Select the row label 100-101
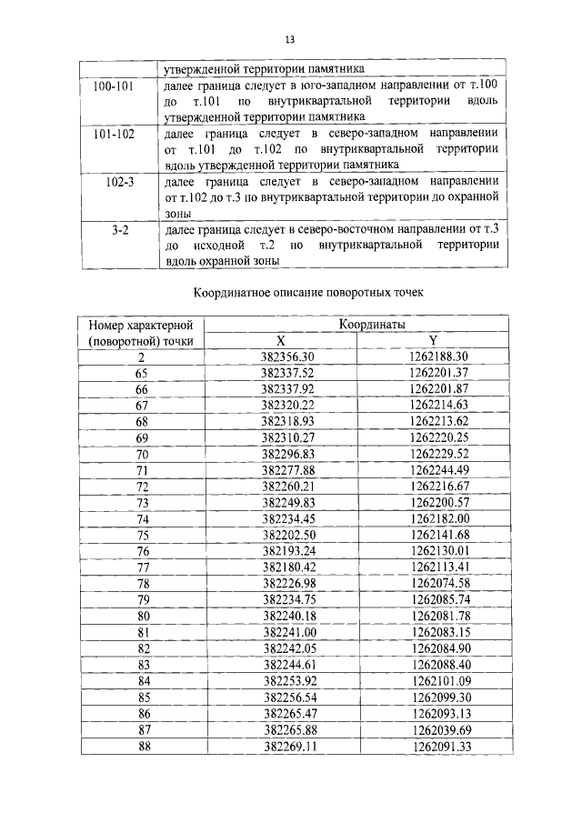pos(115,86)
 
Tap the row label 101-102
pos(115,134)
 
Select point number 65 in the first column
pos(141,373)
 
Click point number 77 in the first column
pos(142,567)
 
